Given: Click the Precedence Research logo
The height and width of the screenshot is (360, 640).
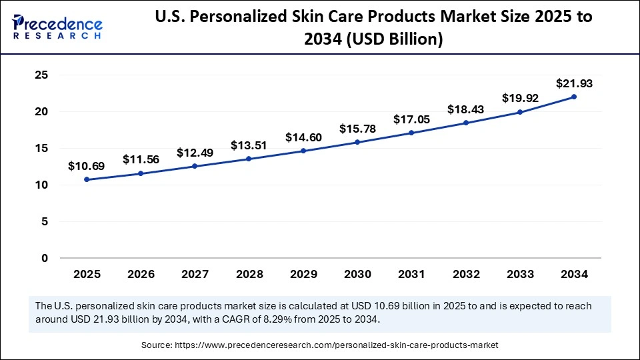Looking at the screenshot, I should [57, 27].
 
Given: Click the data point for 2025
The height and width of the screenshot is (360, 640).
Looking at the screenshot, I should [87, 179].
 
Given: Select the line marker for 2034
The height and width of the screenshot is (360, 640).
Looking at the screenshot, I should [574, 97].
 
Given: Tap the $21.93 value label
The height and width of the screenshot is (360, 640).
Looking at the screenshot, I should [574, 84].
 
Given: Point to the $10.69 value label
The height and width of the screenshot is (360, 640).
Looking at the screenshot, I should [87, 166].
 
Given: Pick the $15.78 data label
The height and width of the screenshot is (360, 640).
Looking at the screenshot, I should [358, 128].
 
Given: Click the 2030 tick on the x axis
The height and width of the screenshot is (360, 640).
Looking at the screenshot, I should [358, 273].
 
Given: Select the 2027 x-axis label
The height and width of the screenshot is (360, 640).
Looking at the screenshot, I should [195, 273].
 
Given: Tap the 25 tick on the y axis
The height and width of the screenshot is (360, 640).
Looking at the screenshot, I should [41, 75].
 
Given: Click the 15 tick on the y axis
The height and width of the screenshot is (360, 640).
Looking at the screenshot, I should [41, 149].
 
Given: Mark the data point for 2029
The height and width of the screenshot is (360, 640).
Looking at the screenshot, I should [303, 151].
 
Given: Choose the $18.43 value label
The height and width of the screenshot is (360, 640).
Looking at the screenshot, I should [466, 109].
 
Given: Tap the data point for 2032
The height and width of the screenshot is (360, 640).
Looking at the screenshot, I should [466, 123].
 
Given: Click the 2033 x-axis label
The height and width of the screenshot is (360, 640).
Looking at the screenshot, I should [520, 273].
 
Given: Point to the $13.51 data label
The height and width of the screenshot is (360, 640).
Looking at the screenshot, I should [249, 145].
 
